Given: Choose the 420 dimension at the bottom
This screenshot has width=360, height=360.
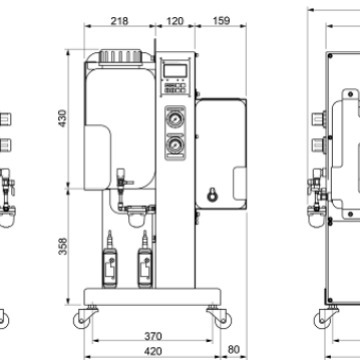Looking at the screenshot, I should (150, 352).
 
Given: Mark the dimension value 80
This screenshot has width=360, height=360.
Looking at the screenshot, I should (233, 350).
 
